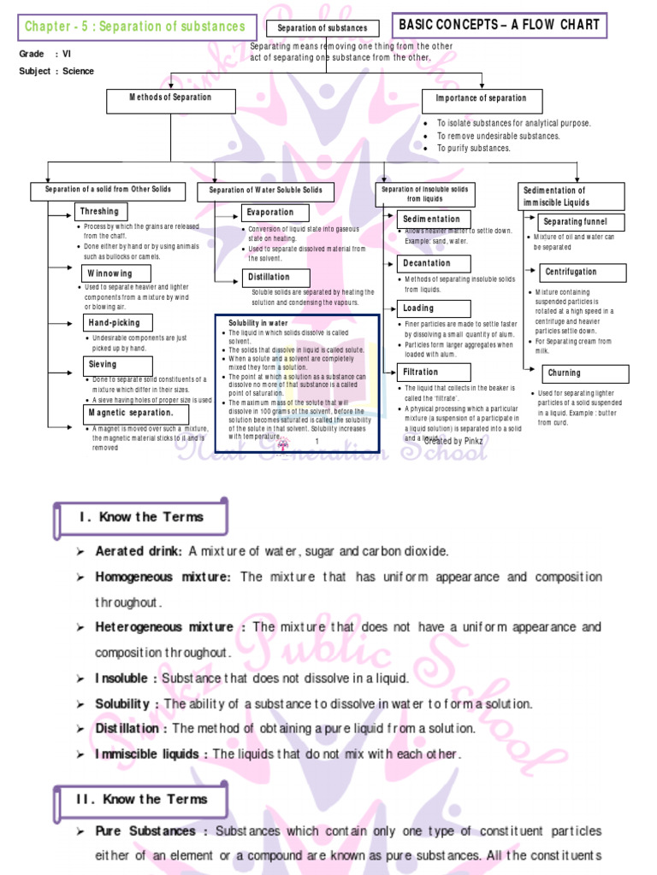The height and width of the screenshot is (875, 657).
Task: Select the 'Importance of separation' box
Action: click(482, 101)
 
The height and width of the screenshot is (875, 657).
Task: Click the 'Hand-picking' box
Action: click(112, 323)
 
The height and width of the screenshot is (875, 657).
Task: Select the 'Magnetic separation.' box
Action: click(130, 414)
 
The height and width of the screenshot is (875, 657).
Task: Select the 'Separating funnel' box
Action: click(575, 222)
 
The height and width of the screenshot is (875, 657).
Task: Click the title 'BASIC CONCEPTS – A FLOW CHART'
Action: click(500, 26)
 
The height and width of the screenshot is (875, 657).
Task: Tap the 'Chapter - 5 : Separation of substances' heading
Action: click(134, 27)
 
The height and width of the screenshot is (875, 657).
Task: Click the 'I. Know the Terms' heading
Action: click(141, 517)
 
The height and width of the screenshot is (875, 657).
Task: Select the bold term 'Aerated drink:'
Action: click(139, 551)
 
